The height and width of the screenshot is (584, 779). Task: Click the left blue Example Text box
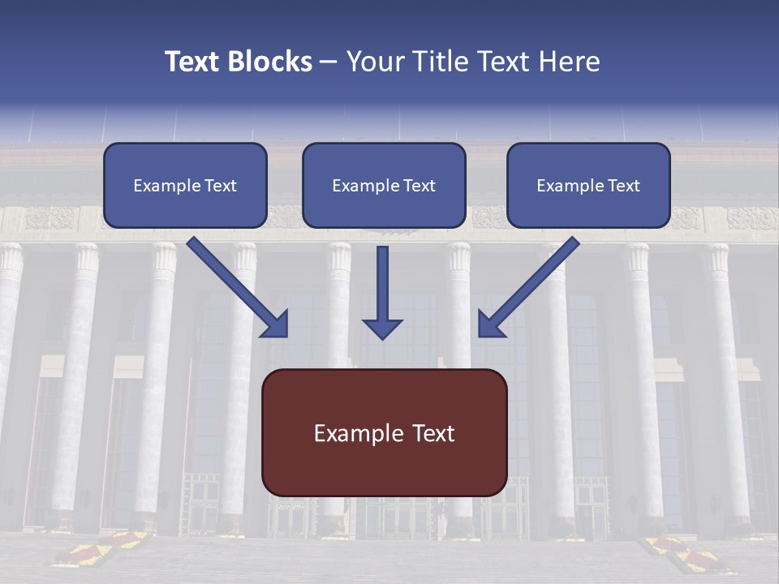[x=185, y=185]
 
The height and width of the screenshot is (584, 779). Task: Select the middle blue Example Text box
[x=384, y=185]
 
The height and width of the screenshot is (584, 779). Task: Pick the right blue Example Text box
[x=588, y=185]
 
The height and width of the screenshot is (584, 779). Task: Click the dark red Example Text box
[x=385, y=432]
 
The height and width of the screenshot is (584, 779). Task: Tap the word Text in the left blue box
[x=221, y=186]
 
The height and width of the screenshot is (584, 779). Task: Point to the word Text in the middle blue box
[x=420, y=186]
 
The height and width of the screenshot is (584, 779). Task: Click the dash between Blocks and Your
[x=329, y=62]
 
